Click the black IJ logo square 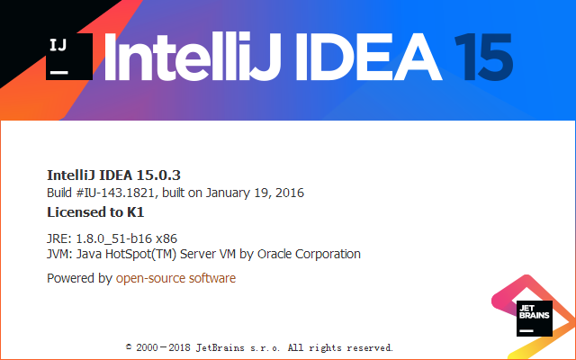[x=69, y=57]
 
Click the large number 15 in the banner [x=483, y=57]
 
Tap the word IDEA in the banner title [x=368, y=57]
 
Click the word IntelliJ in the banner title [x=193, y=56]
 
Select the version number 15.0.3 [x=158, y=175]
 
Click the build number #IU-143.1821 [x=115, y=193]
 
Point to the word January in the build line [x=228, y=193]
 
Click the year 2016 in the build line [x=290, y=193]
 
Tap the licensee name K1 [x=136, y=212]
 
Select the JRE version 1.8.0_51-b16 [x=113, y=238]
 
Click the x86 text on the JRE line [x=166, y=238]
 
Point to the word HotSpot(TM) [x=140, y=254]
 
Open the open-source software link [x=175, y=278]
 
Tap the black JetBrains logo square [x=534, y=319]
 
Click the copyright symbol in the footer [x=129, y=346]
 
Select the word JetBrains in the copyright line [x=220, y=347]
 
